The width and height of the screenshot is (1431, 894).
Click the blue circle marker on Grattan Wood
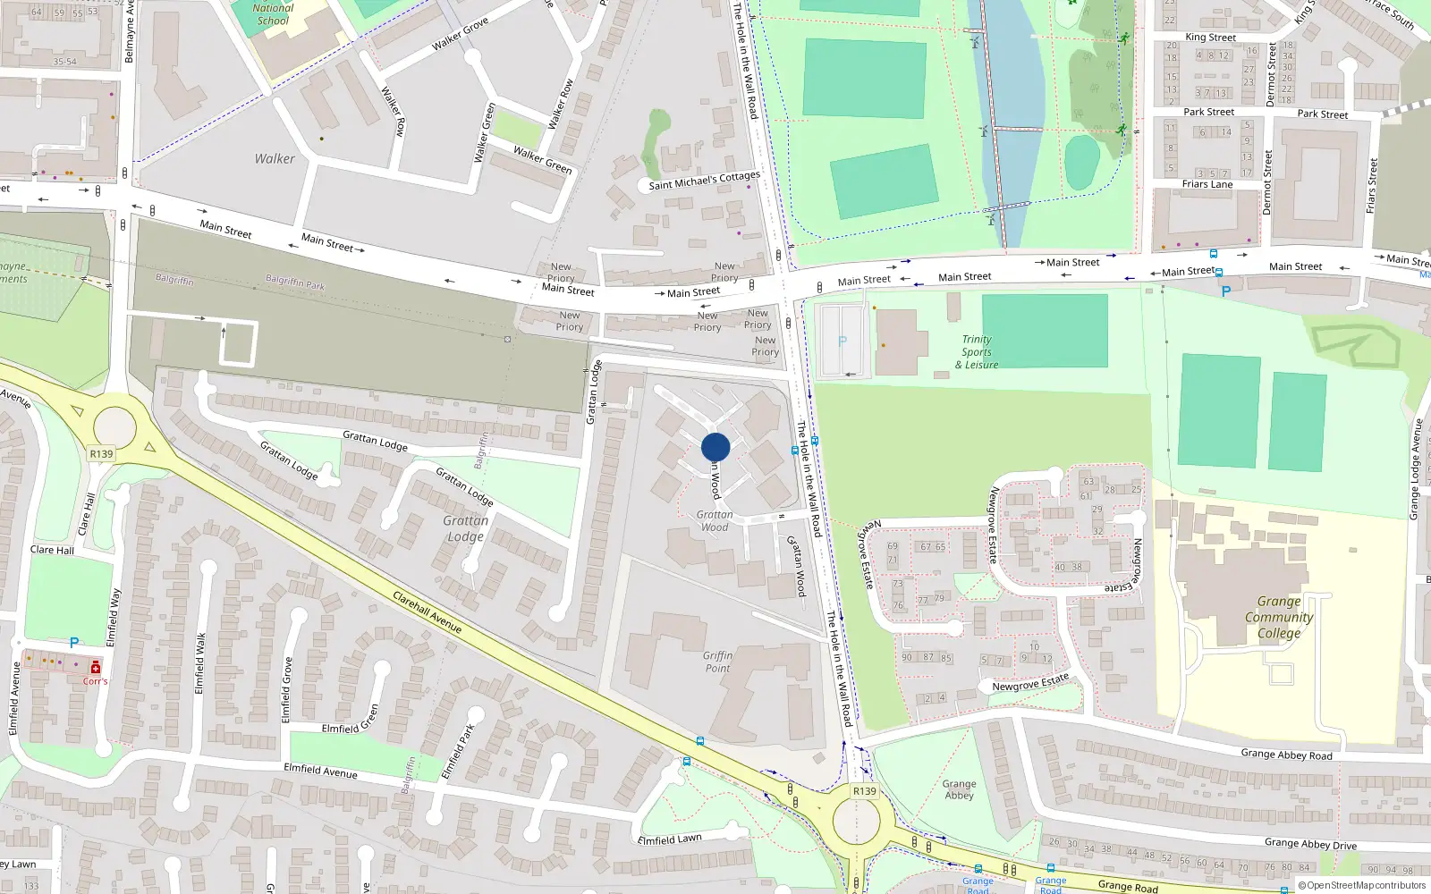coord(715,447)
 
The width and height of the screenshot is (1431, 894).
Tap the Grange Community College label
coord(1279,617)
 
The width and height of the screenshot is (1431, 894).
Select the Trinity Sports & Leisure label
coord(976,352)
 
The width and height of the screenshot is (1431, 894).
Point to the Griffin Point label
coord(717,662)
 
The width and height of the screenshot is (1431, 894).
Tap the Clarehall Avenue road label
coord(428,612)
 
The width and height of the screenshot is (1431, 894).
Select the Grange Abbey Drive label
coord(1310,843)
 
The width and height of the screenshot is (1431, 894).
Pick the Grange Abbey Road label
coord(1286,755)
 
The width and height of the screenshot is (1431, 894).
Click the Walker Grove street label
coord(460,34)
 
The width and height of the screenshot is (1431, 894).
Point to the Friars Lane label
coord(1207,184)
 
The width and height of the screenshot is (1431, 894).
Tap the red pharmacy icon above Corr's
coord(96,667)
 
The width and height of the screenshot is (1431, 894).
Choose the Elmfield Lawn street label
coord(670,839)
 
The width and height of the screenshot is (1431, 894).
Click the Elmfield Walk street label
coord(200,663)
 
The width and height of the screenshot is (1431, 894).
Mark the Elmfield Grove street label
coord(286,689)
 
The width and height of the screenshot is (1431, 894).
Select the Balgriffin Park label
coord(295,283)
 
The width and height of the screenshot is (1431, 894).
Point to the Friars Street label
coord(1372,185)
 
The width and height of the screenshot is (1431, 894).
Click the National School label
coord(274,14)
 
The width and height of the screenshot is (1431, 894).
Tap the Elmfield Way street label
coord(113,617)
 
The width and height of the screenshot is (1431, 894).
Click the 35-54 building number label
coord(64,62)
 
